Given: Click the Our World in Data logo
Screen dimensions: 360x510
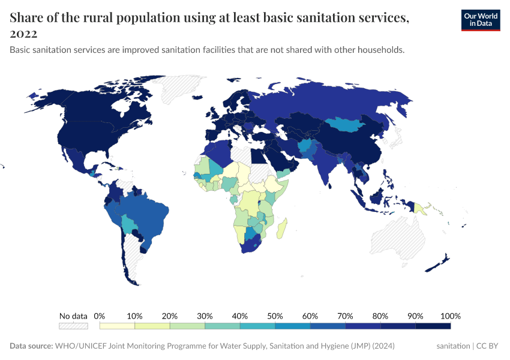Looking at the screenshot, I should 480,20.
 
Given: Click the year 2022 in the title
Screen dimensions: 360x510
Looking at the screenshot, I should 23,34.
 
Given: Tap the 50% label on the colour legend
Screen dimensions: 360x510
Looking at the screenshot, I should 275,316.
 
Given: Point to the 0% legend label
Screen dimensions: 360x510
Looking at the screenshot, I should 100,316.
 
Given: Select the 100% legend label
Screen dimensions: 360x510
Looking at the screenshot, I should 450,316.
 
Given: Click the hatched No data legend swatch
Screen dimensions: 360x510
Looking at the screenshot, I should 73,326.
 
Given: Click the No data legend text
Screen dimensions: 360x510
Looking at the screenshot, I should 73,316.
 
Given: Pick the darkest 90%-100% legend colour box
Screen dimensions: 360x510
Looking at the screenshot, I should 433,326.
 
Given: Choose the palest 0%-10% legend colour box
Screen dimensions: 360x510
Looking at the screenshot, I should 117,326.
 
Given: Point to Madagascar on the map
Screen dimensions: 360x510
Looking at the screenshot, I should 283,229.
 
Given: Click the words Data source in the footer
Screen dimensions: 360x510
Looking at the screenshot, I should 31,346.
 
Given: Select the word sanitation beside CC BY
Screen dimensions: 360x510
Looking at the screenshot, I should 453,346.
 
